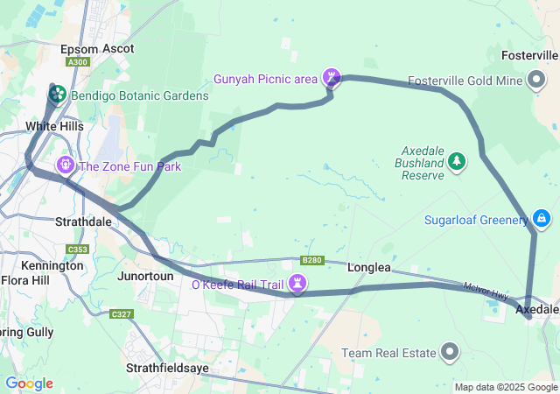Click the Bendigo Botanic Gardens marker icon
pyautogui.click(x=57, y=95)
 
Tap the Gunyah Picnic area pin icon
pyautogui.click(x=332, y=78)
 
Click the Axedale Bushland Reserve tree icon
pyautogui.click(x=456, y=162)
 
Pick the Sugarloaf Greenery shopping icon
pyautogui.click(x=542, y=218)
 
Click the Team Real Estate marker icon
pyautogui.click(x=450, y=352)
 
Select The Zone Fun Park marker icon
pyautogui.click(x=66, y=165)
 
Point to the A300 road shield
pyautogui.click(x=78, y=63)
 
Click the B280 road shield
pyautogui.click(x=312, y=260)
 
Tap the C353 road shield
pyautogui.click(x=76, y=250)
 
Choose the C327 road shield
pyautogui.click(x=121, y=313)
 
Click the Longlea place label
pyautogui.click(x=369, y=267)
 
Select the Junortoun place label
pyautogui.click(x=145, y=275)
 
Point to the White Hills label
pyautogui.click(x=54, y=126)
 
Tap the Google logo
pyautogui.click(x=29, y=383)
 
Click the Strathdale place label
pyautogui.click(x=83, y=222)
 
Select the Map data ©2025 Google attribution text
pyautogui.click(x=505, y=387)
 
